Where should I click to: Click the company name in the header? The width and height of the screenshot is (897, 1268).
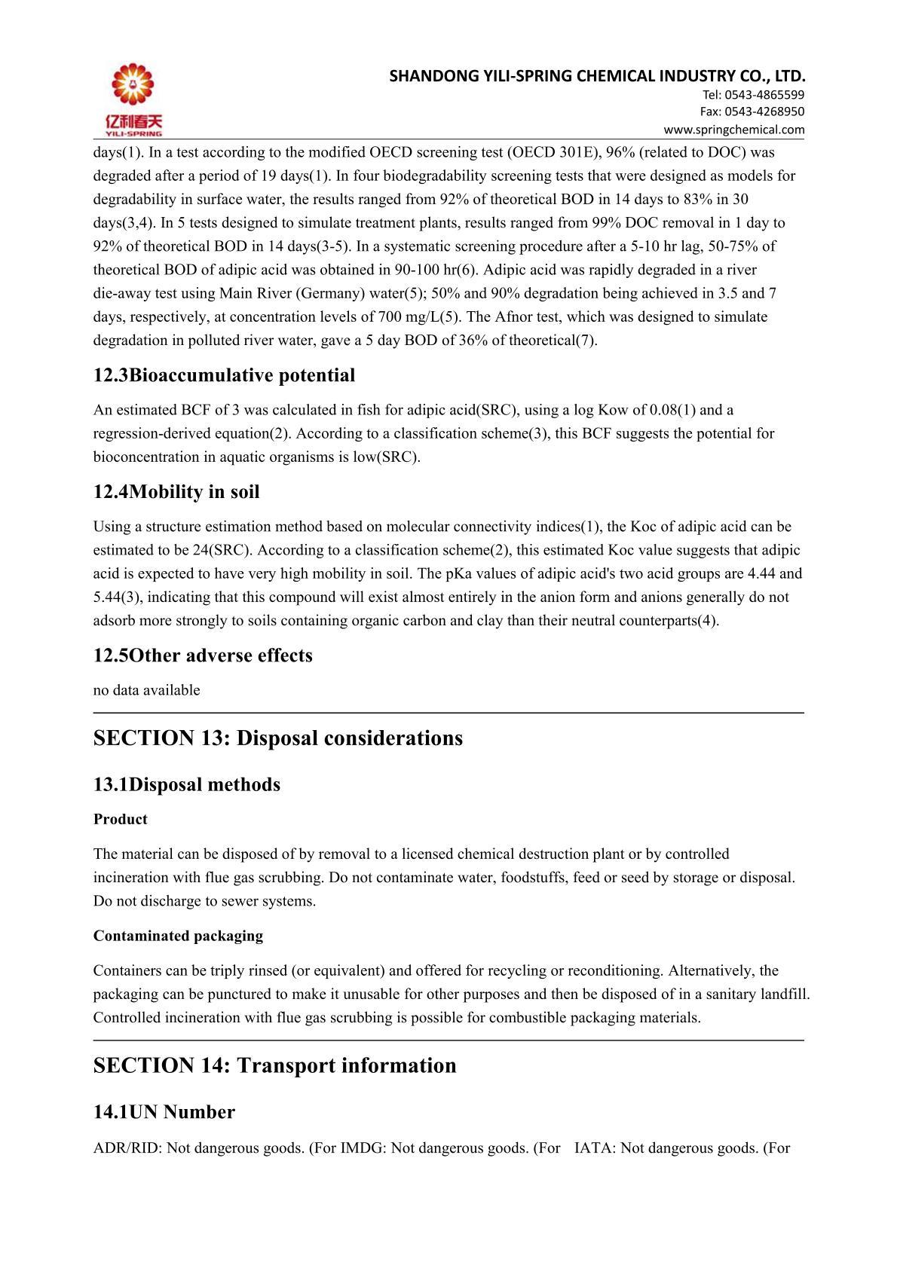pos(598,76)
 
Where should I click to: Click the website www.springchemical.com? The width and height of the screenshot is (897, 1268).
pos(733,129)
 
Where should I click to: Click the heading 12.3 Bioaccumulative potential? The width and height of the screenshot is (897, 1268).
pos(224,375)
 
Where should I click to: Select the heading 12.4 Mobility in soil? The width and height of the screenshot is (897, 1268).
pos(176,492)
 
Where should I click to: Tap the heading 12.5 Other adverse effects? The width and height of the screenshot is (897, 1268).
pos(203,655)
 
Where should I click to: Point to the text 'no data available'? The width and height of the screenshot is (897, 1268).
pos(147,690)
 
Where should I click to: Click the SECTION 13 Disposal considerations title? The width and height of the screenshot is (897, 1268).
pos(278,738)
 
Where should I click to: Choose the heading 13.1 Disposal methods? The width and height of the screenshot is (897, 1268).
pos(187,784)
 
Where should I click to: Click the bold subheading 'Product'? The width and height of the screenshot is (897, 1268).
pos(121,819)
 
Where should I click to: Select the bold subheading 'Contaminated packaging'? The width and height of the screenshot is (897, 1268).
pos(179,936)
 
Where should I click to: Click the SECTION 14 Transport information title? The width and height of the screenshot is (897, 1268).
pos(275,1065)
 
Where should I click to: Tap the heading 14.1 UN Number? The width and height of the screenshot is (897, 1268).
pos(164,1112)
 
